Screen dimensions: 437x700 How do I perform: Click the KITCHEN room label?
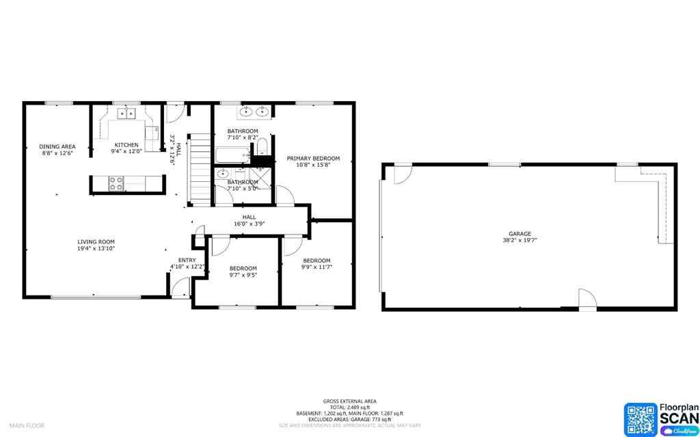click(126, 145)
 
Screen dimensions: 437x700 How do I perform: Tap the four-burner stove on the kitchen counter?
click(116, 183)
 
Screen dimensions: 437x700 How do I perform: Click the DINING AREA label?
click(57, 146)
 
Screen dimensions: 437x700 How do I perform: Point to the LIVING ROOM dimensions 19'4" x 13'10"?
click(96, 249)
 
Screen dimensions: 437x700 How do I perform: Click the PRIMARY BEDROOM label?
click(313, 159)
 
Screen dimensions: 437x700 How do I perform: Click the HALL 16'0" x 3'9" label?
click(249, 220)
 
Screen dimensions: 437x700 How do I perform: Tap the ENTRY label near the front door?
click(187, 260)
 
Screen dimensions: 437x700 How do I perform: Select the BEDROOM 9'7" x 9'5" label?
click(243, 268)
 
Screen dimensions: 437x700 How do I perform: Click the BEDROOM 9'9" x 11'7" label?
click(317, 261)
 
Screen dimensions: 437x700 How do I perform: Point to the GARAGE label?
click(519, 234)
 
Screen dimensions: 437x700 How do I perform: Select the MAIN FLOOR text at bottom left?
click(27, 425)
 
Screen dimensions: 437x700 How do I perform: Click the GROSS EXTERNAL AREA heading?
click(349, 401)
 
